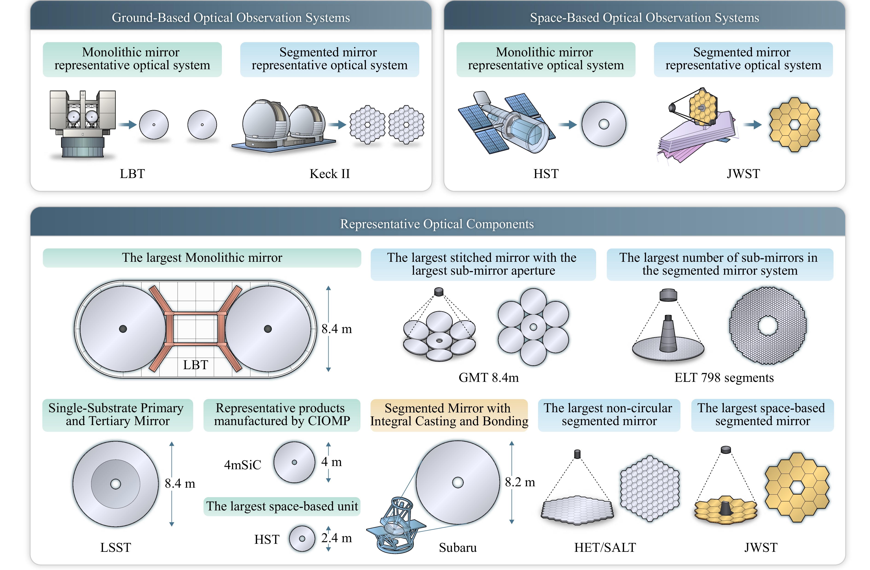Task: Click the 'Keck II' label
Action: (330, 174)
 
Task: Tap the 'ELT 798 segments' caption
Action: (724, 377)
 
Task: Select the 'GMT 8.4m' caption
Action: (488, 377)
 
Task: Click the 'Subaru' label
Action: (458, 547)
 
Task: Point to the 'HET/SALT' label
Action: (605, 547)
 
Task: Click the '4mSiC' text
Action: (243, 465)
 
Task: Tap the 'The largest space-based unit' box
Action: (282, 507)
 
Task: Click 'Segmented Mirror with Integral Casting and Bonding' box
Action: (449, 415)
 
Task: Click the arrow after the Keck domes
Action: (337, 125)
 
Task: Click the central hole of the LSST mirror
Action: (116, 484)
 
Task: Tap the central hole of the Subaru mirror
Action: (458, 482)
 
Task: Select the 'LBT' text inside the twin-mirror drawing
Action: (196, 365)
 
